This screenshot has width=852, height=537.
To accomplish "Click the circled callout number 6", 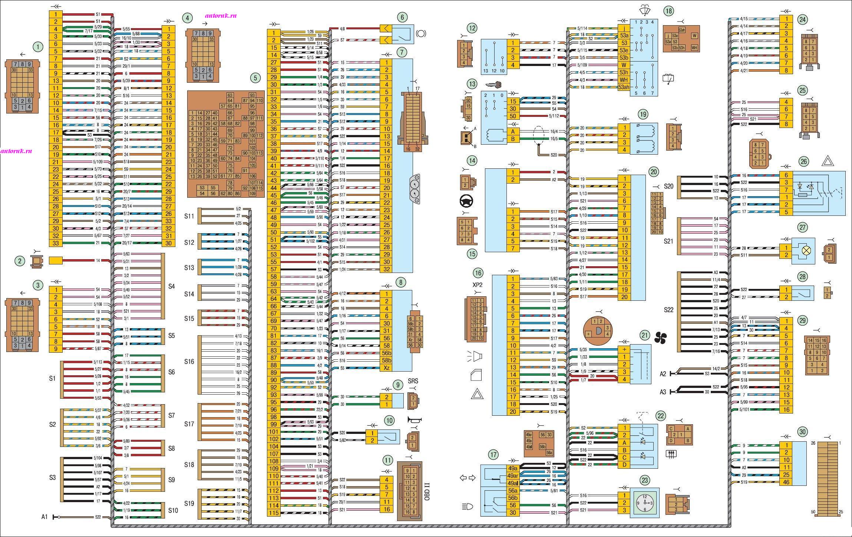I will tap(402, 17).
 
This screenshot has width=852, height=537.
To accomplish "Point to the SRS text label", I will tap(413, 381).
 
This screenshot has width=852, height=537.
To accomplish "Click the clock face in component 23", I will tap(645, 503).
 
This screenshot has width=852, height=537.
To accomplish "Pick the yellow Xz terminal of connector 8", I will tap(386, 368).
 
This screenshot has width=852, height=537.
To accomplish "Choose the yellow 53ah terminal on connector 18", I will tap(624, 87).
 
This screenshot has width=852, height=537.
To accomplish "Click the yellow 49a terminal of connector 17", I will tap(513, 468).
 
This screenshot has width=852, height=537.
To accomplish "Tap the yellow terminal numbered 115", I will tap(274, 513).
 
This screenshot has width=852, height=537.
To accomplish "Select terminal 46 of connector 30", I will tap(786, 482).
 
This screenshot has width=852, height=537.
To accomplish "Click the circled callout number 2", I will tap(19, 261).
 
